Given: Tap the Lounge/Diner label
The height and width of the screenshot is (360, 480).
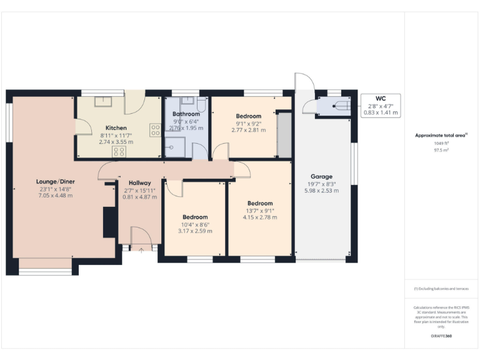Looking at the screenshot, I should [x=54, y=181].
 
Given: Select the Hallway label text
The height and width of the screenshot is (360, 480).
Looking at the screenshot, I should [x=140, y=182].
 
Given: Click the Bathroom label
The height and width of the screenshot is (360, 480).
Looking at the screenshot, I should [x=186, y=114].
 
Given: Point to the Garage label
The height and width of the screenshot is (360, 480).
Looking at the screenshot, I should [x=322, y=176].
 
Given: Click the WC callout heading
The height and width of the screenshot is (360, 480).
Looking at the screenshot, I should [x=380, y=99].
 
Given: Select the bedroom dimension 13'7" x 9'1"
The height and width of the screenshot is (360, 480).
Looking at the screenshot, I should [x=260, y=211].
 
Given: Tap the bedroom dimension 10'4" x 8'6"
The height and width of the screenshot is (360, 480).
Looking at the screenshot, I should [x=195, y=224].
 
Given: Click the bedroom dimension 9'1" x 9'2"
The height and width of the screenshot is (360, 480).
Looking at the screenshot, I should [x=248, y=123].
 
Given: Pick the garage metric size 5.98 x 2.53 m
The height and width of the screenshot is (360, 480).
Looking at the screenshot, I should [x=322, y=191].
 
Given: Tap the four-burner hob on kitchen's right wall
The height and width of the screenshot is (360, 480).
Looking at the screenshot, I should [x=154, y=130].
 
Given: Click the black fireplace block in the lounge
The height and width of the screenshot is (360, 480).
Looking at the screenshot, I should [x=108, y=222].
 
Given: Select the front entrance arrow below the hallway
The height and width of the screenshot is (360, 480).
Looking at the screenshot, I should [x=141, y=251].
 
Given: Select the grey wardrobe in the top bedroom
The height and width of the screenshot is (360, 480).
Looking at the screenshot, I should [x=284, y=134].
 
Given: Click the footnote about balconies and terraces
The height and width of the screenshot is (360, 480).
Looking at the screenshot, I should [x=441, y=289].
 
